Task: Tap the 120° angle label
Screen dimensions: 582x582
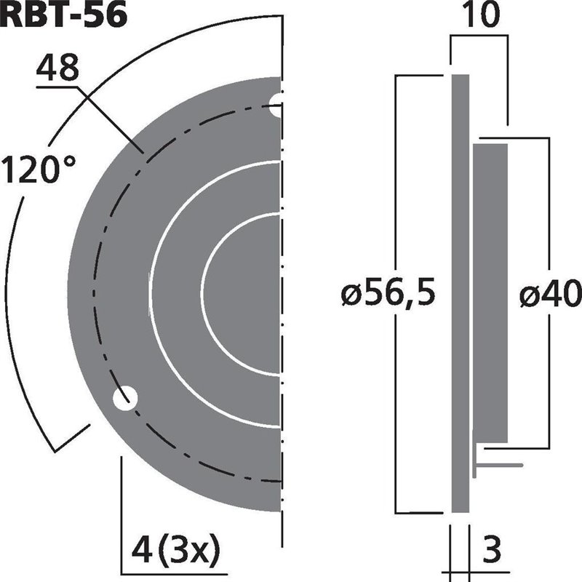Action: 39,171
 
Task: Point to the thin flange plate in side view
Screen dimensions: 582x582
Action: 460,291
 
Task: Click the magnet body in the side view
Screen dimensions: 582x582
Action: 490,291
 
